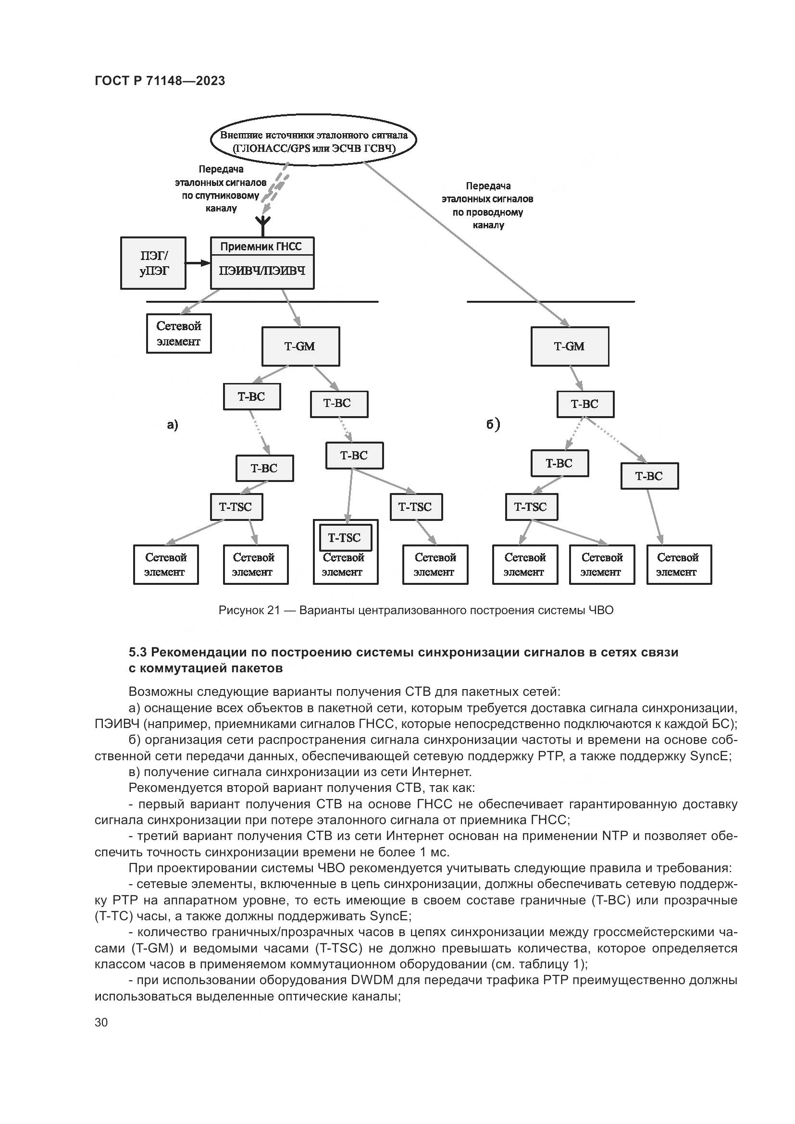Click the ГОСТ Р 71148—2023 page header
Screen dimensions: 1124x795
click(160, 81)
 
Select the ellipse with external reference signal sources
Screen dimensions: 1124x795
click(313, 140)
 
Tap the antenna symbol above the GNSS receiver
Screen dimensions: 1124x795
click(264, 225)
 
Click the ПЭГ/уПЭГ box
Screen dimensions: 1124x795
click(153, 263)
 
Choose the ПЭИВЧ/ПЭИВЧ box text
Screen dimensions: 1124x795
click(262, 271)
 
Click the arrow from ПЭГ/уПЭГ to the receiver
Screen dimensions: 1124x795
click(198, 263)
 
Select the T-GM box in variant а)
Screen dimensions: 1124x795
click(300, 346)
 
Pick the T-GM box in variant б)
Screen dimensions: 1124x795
click(569, 346)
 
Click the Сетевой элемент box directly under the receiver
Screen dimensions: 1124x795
click(179, 333)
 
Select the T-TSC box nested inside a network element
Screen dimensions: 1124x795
click(345, 538)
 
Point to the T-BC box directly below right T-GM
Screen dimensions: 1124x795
click(585, 404)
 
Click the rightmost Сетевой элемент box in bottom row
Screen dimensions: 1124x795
click(679, 565)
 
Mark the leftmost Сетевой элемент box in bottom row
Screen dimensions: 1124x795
click(166, 565)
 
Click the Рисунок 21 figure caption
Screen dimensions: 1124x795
click(416, 610)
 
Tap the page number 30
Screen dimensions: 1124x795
click(101, 1023)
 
